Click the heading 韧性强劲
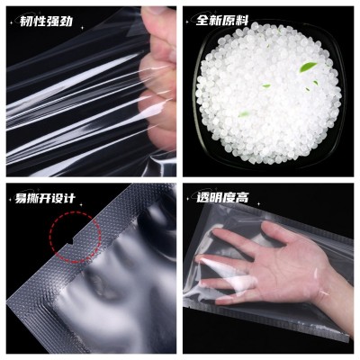(x=46, y=21)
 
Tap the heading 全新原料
(x=222, y=21)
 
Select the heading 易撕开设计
(x=45, y=198)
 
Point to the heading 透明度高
(x=222, y=198)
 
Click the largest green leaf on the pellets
(x=308, y=67)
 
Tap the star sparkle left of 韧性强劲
(x=12, y=22)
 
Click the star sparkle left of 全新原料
(x=188, y=22)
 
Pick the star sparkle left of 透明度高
(x=188, y=199)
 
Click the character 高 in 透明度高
(x=242, y=198)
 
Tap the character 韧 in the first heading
(x=26, y=22)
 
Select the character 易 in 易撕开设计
(x=21, y=199)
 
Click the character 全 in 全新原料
(x=202, y=21)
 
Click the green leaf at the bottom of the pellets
(x=244, y=113)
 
